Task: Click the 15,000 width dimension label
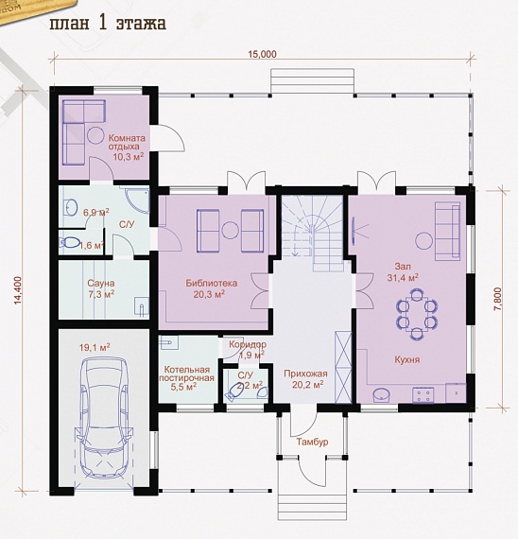(262, 54)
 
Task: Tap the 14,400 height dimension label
(19, 290)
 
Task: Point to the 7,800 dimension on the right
(498, 299)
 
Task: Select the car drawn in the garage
(103, 418)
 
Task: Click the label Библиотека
(212, 284)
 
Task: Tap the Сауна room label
(101, 284)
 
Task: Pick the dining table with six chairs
(417, 314)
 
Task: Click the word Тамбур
(313, 442)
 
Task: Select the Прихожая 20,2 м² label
(305, 379)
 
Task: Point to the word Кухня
(407, 359)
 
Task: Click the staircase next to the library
(312, 233)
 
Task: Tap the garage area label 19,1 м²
(95, 347)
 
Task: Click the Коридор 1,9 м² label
(248, 349)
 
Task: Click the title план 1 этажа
(109, 24)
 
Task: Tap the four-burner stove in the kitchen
(423, 394)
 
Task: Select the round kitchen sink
(382, 395)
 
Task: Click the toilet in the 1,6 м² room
(70, 243)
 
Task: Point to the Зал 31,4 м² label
(403, 272)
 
